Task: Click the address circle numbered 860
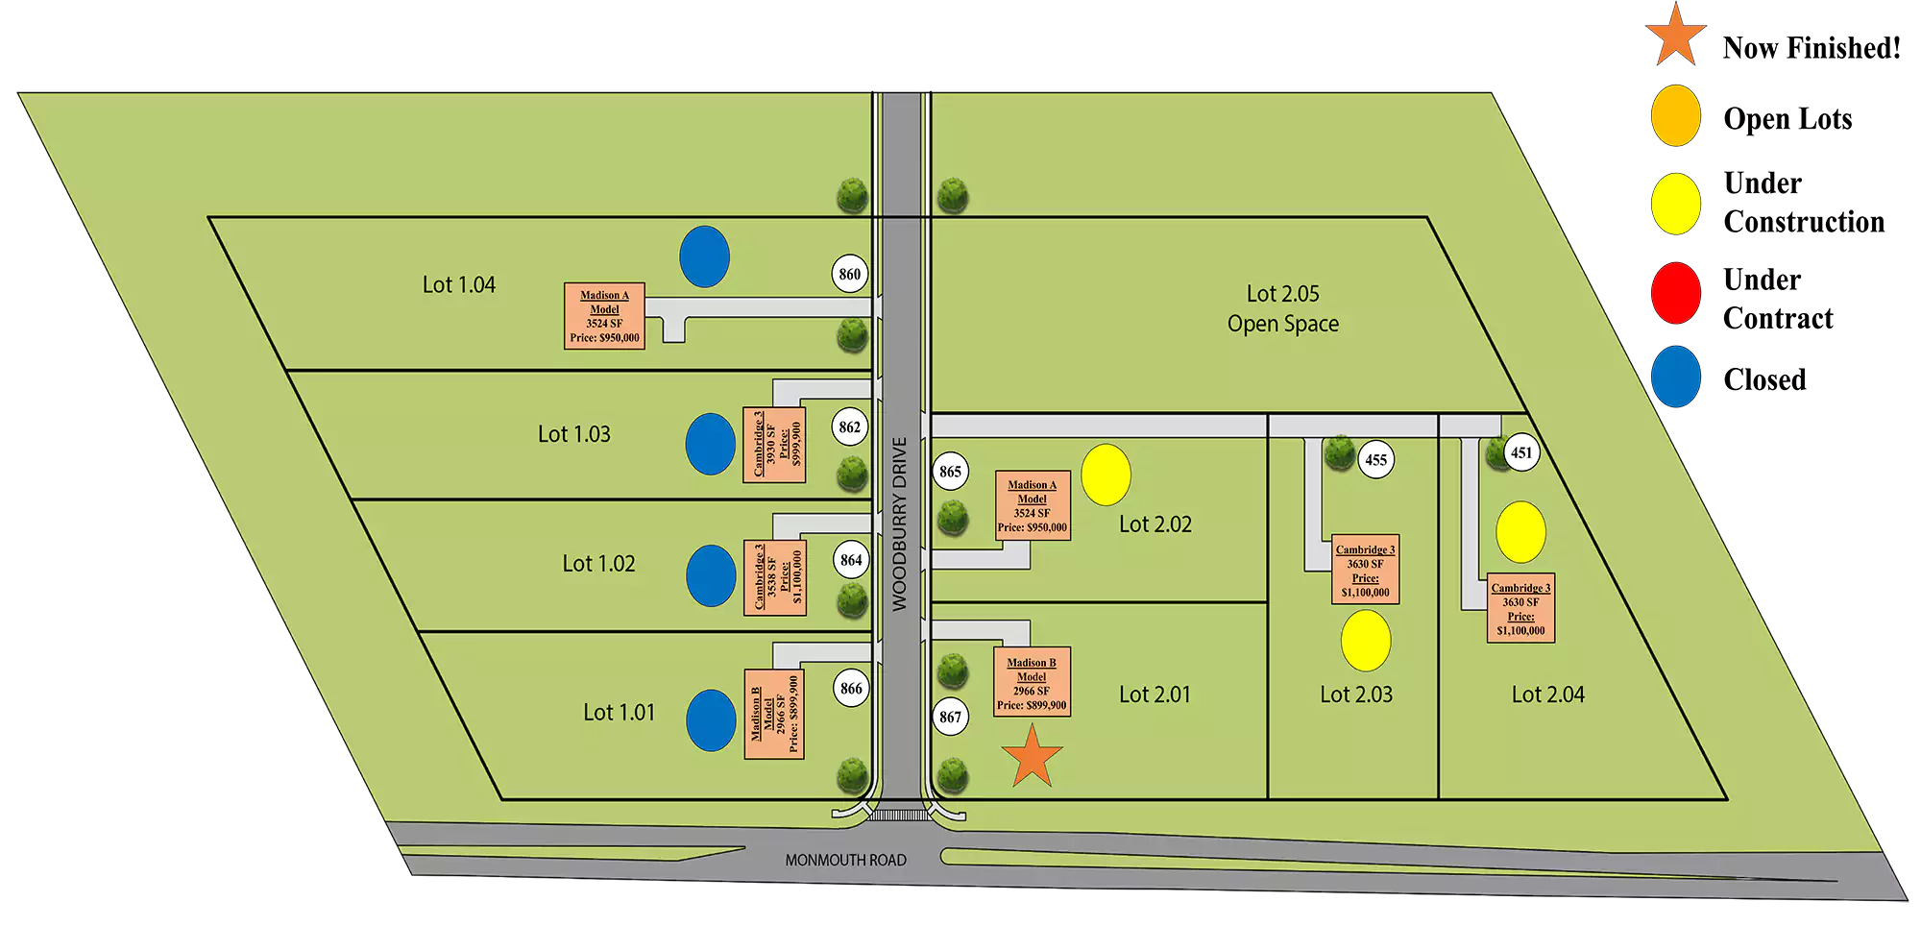coord(850,274)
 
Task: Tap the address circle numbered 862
coord(850,426)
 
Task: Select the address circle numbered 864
coord(851,560)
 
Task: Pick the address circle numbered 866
coord(851,688)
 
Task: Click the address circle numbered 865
coord(950,472)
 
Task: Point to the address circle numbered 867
coord(950,717)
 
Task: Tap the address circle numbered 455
coord(1375,460)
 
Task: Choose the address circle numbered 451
coord(1521,452)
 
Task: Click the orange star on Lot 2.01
coord(1032,757)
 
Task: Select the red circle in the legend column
coord(1676,293)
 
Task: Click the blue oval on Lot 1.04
coord(704,256)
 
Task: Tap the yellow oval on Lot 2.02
coord(1106,475)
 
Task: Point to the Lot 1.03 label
coord(573,434)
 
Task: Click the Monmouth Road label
coord(845,861)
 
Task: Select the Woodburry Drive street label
coord(900,524)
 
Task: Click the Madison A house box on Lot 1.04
coord(604,316)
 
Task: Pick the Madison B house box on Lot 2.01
coord(1032,682)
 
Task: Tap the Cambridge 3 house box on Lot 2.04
coord(1520,609)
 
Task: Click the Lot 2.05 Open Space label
coord(1282,308)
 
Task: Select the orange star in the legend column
coord(1676,35)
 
